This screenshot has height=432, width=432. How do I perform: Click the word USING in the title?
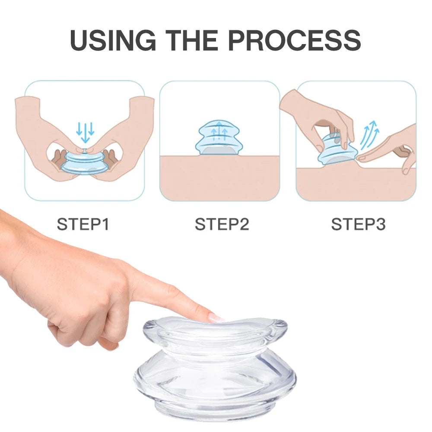tap(113, 40)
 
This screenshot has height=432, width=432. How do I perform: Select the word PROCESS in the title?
tap(294, 40)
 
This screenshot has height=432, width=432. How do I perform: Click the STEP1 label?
tap(83, 224)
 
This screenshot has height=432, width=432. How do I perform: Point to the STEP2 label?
tap(222, 224)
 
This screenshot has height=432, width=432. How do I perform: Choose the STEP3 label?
tap(358, 224)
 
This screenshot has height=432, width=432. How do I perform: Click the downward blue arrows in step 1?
tap(85, 132)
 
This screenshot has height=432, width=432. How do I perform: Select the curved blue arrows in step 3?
tap(369, 135)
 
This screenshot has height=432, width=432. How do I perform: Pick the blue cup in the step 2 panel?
tap(219, 137)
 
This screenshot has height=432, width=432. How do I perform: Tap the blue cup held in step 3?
tap(337, 150)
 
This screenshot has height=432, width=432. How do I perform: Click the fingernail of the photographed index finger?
tap(216, 318)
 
